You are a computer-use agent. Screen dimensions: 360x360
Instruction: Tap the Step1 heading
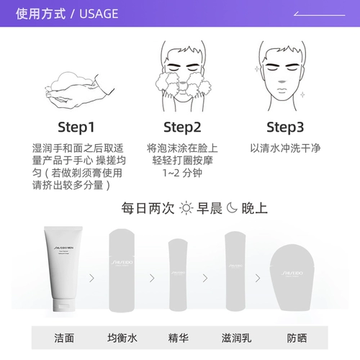click(70, 127)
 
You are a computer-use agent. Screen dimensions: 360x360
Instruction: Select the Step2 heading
click(181, 127)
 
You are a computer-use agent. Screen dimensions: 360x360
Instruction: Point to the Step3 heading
click(286, 127)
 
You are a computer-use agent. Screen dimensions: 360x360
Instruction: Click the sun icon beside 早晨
click(186, 209)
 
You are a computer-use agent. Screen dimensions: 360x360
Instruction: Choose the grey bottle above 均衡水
click(120, 273)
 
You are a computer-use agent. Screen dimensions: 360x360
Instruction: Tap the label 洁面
click(64, 338)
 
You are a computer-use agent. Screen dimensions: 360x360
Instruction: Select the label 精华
click(177, 338)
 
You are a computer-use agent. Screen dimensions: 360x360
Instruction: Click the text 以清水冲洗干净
click(286, 146)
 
